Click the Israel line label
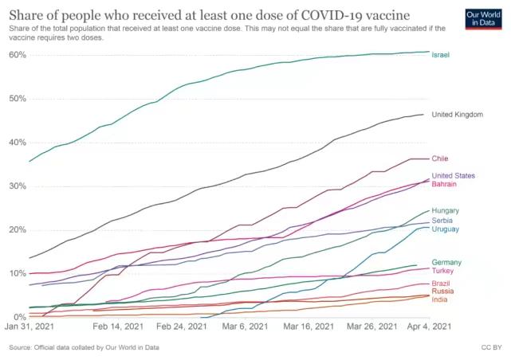[x=441, y=55]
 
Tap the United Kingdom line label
[x=457, y=115]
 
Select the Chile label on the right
[x=440, y=158]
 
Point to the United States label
[x=453, y=175]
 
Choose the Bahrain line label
[x=444, y=184]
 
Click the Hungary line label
[x=445, y=210]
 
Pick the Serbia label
[x=442, y=220]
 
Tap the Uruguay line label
[x=445, y=229]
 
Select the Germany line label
[x=446, y=262]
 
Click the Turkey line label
[x=442, y=271]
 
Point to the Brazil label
[x=441, y=284]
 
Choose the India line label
[x=439, y=299]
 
